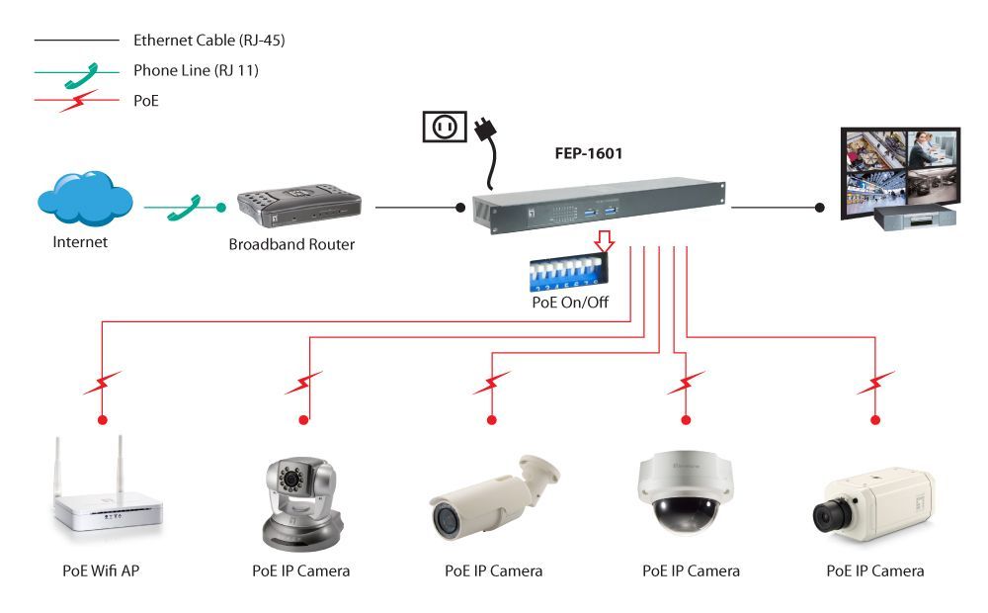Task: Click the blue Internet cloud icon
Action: pos(84,200)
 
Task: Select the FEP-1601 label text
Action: pos(588,154)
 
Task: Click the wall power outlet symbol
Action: pos(444,127)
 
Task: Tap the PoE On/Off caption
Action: pos(570,303)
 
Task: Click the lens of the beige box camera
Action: pos(827,515)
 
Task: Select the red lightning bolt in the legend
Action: pos(79,100)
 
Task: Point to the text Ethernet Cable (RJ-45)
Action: pos(208,41)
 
